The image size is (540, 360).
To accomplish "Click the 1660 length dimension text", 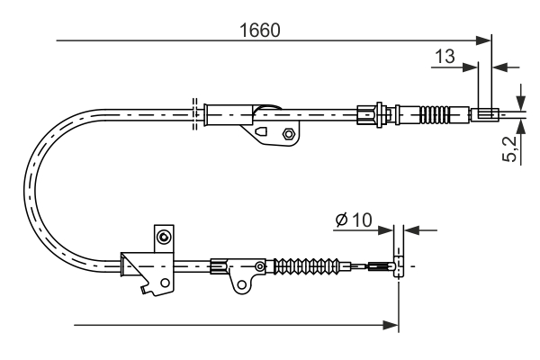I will (x=260, y=30).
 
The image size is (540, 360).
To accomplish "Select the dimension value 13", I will (x=444, y=57).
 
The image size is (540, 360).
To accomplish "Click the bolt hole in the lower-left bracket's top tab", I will (x=163, y=238).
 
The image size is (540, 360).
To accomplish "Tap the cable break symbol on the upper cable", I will (x=194, y=112).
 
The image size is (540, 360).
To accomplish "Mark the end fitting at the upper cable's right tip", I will (x=484, y=113).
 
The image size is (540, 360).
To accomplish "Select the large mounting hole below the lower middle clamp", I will (x=241, y=285).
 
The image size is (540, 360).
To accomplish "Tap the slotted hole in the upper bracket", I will (x=262, y=132).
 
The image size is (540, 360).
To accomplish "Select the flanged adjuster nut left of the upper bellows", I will (x=365, y=113).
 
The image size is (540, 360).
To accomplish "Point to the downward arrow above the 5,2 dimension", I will (x=519, y=100).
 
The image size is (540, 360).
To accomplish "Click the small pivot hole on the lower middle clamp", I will (x=260, y=266).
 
